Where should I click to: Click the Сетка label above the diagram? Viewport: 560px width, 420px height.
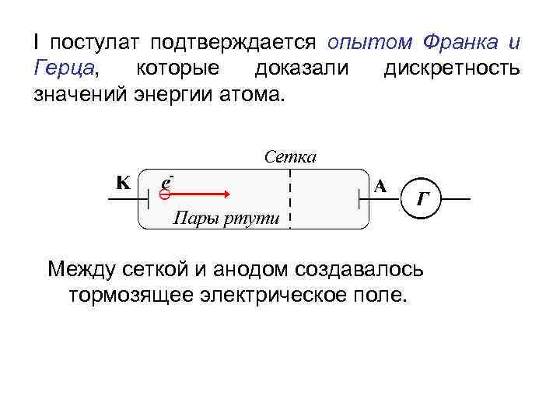[x=289, y=157]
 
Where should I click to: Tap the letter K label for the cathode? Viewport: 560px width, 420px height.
[x=122, y=184]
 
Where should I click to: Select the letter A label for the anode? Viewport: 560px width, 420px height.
[x=380, y=186]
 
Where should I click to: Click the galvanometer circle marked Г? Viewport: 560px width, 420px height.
[x=421, y=200]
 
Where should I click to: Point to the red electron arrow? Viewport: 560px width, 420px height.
[x=198, y=194]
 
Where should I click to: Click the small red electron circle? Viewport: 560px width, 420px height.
[x=164, y=195]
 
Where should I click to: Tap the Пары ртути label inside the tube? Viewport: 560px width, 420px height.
[x=225, y=218]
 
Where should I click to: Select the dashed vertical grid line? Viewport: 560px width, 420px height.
[x=289, y=198]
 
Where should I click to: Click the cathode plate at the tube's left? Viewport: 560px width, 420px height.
[x=148, y=200]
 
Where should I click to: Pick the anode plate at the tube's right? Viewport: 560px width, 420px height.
[x=359, y=200]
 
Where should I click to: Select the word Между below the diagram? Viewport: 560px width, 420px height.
[x=82, y=270]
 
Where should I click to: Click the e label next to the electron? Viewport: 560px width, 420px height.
[x=165, y=180]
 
